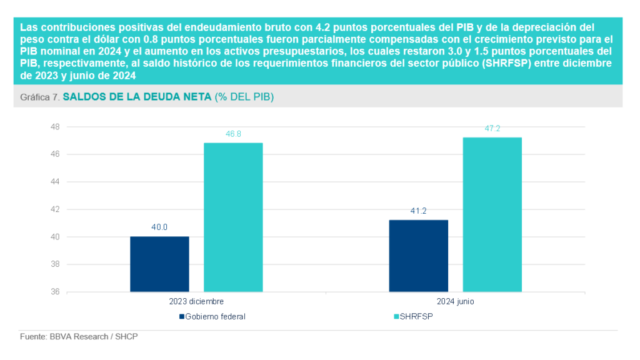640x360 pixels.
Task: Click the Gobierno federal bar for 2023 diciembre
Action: [x=159, y=264]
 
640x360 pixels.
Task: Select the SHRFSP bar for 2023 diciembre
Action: [x=233, y=217]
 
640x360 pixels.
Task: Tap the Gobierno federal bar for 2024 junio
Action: [x=418, y=256]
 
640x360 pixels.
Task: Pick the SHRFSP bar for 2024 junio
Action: [x=492, y=214]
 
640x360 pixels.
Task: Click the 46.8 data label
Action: [x=233, y=134]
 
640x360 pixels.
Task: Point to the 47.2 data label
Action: [x=492, y=128]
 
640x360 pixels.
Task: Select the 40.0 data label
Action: [x=159, y=227]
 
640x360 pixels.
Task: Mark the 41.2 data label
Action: [x=418, y=211]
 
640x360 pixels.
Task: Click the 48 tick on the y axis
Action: [x=54, y=127]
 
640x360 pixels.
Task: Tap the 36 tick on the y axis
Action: [x=54, y=292]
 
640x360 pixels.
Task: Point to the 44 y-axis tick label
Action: [x=54, y=182]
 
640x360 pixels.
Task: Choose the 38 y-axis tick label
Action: [x=54, y=264]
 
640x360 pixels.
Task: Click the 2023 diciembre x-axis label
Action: [x=196, y=301]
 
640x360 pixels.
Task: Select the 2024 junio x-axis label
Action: [x=455, y=301]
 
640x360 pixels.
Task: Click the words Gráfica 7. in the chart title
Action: [x=39, y=97]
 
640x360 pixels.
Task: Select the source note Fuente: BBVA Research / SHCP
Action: [x=79, y=337]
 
